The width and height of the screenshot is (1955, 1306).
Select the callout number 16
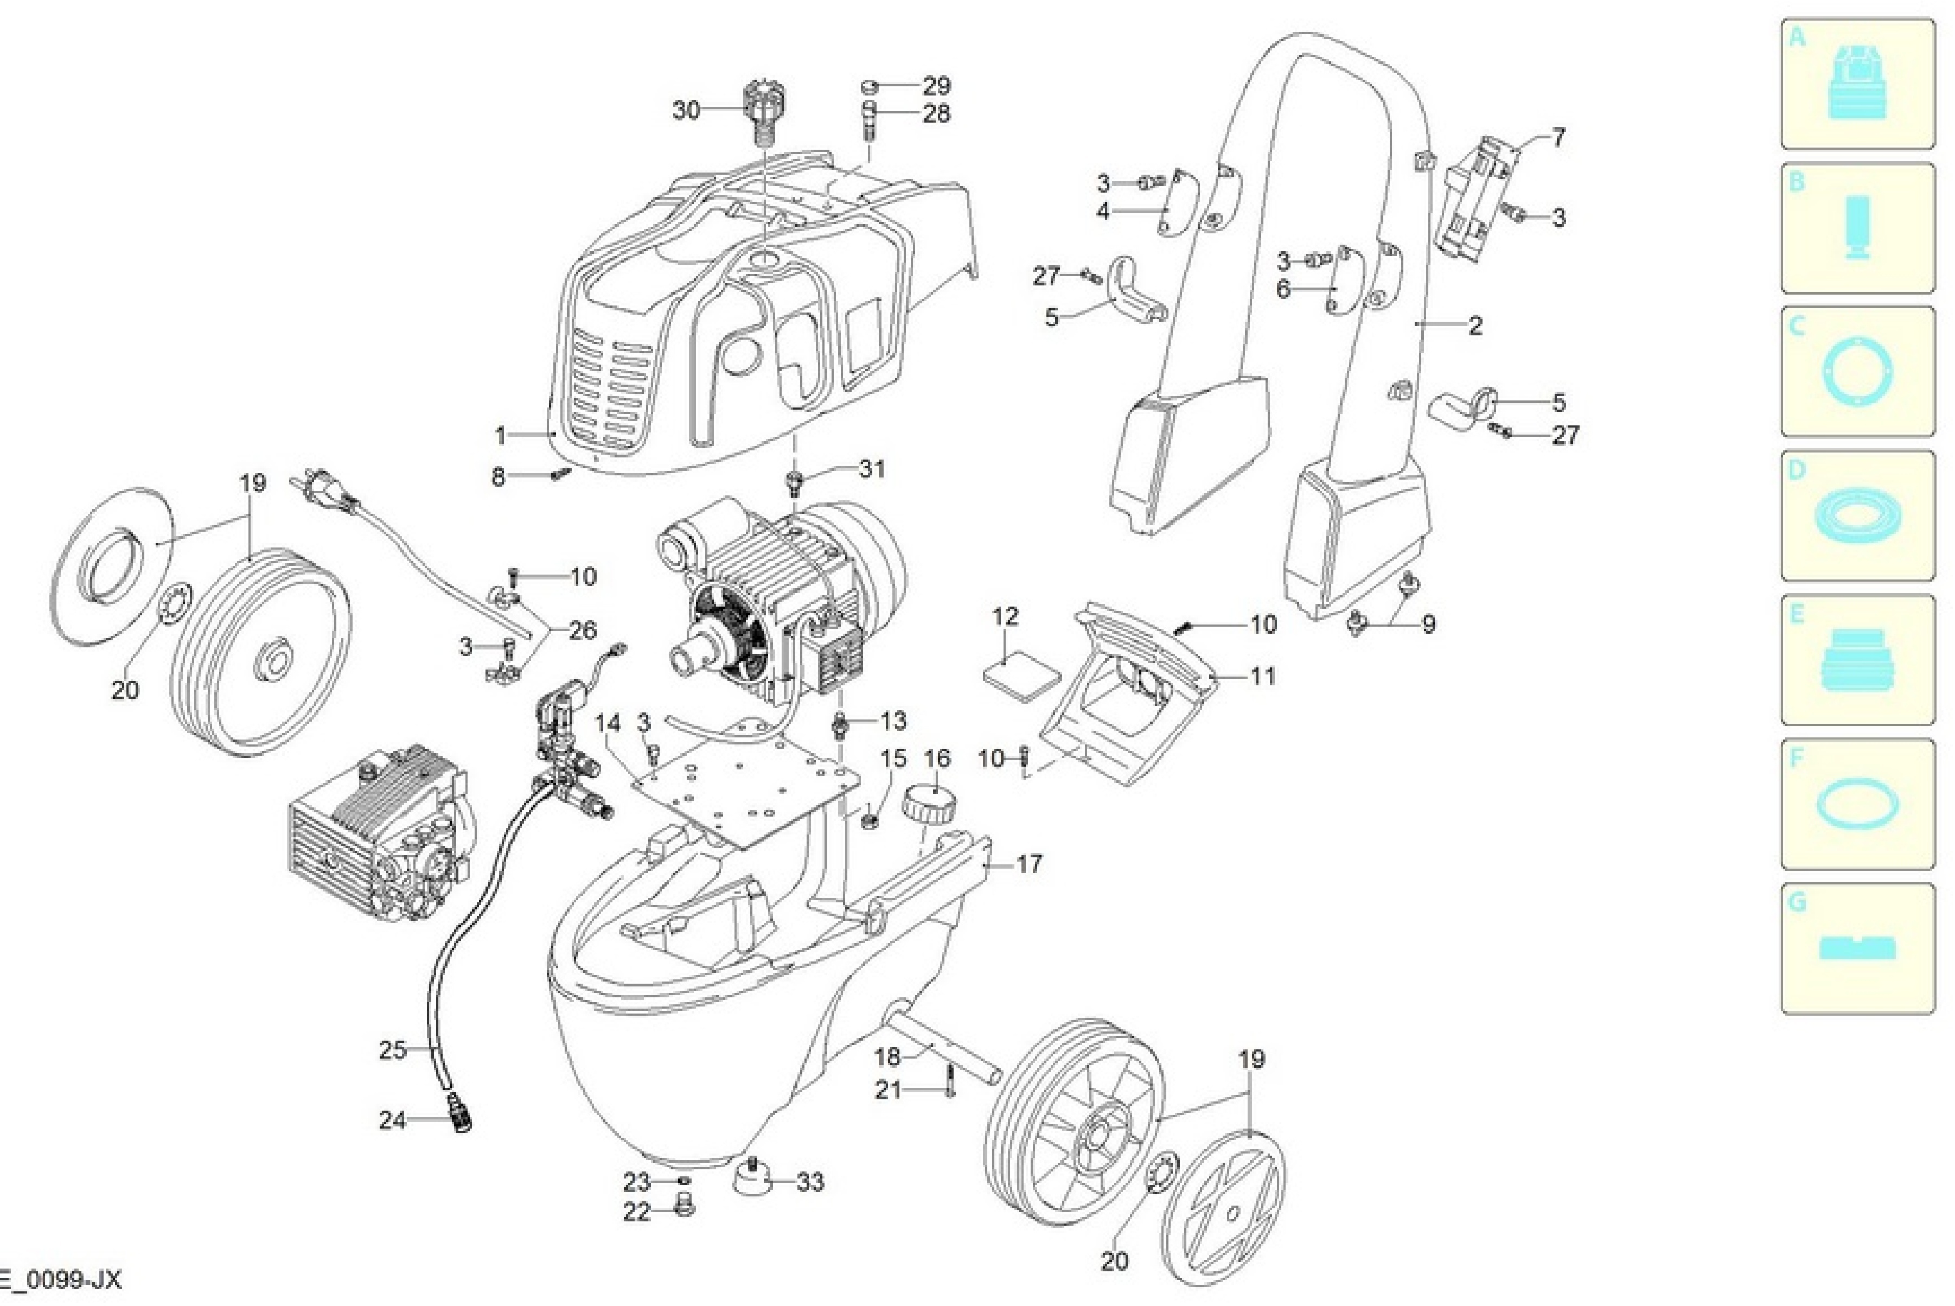click(937, 758)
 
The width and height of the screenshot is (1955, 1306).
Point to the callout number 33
click(810, 1181)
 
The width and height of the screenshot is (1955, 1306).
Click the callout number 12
click(1005, 616)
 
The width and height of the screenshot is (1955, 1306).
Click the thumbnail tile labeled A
click(1857, 84)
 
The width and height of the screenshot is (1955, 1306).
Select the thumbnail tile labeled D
click(1857, 515)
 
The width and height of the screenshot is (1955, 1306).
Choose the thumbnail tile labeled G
click(1857, 948)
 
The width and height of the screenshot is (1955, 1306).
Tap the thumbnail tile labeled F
click(1857, 804)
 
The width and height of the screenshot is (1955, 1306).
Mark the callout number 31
click(872, 469)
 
